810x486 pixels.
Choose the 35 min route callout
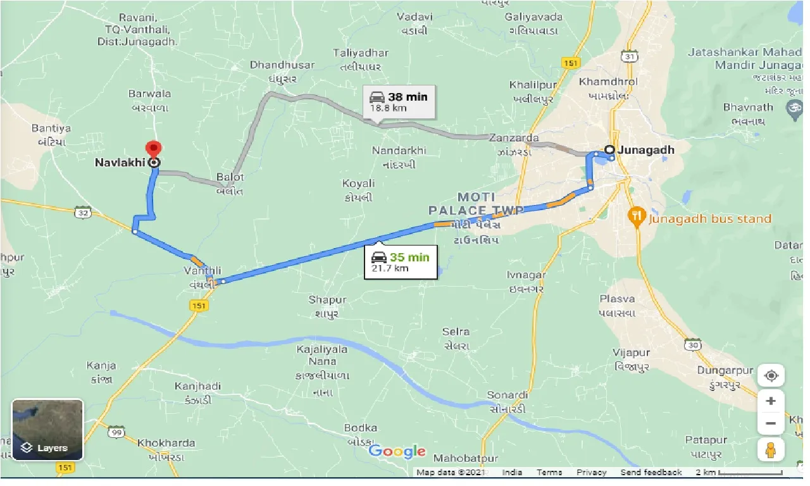[401, 262]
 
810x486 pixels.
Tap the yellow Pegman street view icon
[771, 450]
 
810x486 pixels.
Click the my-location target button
[771, 376]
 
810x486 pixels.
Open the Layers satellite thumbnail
[47, 430]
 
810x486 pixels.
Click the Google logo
[397, 451]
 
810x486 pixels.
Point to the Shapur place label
[327, 299]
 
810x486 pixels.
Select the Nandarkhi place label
[399, 151]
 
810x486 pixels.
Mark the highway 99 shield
[115, 432]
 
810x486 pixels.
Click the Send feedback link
[651, 473]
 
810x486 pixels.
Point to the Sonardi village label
[507, 395]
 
